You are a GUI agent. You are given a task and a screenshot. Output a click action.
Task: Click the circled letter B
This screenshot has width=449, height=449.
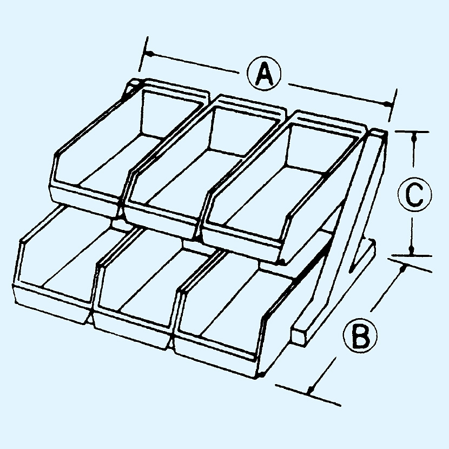click(x=360, y=334)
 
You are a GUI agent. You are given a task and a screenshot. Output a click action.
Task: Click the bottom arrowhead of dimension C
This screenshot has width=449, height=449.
click(x=412, y=250)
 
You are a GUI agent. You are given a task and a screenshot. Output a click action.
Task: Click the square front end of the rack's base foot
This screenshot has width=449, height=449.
click(x=299, y=336)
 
